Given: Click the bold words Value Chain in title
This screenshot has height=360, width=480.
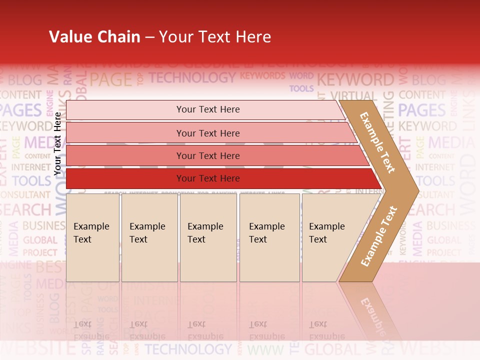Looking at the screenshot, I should pyautogui.click(x=94, y=37).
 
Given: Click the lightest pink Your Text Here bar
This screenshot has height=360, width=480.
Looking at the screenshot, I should pyautogui.click(x=208, y=109).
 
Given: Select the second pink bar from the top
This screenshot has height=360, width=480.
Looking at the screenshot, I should pyautogui.click(x=208, y=133).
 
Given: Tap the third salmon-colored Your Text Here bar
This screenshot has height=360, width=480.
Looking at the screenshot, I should pyautogui.click(x=208, y=155).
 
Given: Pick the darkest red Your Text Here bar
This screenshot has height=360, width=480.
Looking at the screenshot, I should pyautogui.click(x=208, y=178).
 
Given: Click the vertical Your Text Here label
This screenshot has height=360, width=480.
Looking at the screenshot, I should pyautogui.click(x=58, y=143).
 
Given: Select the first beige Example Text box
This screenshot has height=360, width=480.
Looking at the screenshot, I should pyautogui.click(x=92, y=237).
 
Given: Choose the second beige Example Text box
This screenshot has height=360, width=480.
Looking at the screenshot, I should pyautogui.click(x=149, y=237).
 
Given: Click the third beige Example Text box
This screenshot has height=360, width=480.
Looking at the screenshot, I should pyautogui.click(x=208, y=237).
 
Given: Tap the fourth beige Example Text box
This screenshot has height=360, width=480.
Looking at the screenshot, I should pyautogui.click(x=269, y=237).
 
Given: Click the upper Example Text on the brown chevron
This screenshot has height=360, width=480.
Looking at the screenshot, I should pyautogui.click(x=378, y=142).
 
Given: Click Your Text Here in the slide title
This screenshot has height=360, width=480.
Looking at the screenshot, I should pyautogui.click(x=215, y=37).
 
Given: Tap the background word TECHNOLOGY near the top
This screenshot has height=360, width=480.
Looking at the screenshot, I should pyautogui.click(x=192, y=77).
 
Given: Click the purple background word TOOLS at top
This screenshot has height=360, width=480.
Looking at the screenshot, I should pyautogui.click(x=301, y=88).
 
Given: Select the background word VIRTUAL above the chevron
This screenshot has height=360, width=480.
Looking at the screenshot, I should pyautogui.click(x=353, y=96).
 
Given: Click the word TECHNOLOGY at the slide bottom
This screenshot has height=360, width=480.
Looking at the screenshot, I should pyautogui.click(x=188, y=349).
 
